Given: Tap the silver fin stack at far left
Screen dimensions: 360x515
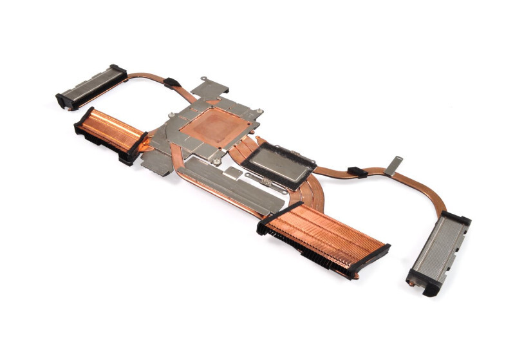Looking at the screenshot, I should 92,86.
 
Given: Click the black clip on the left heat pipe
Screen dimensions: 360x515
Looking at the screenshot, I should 172,82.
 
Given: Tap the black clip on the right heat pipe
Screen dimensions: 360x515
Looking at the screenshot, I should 357,172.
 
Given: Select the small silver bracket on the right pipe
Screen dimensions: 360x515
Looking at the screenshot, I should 393,165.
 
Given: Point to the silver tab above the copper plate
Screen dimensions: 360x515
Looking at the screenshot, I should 210,87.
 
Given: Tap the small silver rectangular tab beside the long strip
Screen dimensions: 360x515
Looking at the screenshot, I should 233,173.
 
